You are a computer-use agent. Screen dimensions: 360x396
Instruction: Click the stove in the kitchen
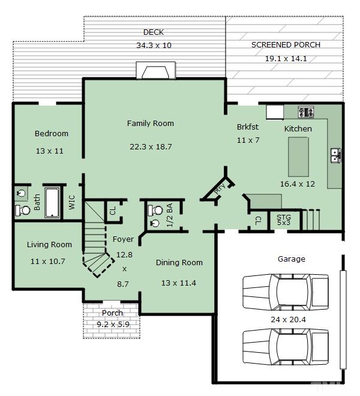coord(306,112)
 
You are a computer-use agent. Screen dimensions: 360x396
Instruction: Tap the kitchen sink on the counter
coord(335,155)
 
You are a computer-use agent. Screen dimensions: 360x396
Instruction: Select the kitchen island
coord(298,157)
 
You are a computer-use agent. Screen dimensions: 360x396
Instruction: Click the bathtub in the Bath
coord(53,203)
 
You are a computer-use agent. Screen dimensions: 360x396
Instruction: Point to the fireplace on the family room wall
coord(155,70)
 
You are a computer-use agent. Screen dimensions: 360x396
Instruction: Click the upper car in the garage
coord(286,292)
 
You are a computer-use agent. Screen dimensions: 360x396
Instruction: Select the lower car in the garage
coord(286,347)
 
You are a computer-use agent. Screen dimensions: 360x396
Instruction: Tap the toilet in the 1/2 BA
coord(155,210)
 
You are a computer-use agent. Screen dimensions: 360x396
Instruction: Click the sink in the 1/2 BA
coord(154,223)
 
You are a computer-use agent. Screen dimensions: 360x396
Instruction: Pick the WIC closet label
coord(72,202)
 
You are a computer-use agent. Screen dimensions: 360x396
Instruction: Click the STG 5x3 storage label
coord(283,220)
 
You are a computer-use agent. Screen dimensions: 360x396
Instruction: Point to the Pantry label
coord(219,188)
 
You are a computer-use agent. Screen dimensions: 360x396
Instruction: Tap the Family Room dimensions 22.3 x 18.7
coord(151,147)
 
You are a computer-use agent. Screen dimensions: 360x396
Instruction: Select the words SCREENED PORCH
coord(286,45)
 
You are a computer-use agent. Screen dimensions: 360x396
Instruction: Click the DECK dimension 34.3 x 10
coord(154,46)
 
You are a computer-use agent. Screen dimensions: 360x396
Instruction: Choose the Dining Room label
coord(179,263)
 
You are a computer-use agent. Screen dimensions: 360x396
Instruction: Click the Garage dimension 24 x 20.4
coord(288,320)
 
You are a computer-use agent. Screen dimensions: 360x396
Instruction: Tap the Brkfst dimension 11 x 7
coord(248,140)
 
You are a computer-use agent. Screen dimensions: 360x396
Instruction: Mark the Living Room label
coord(49,245)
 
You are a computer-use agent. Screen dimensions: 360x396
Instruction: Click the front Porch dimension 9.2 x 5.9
coord(113,324)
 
